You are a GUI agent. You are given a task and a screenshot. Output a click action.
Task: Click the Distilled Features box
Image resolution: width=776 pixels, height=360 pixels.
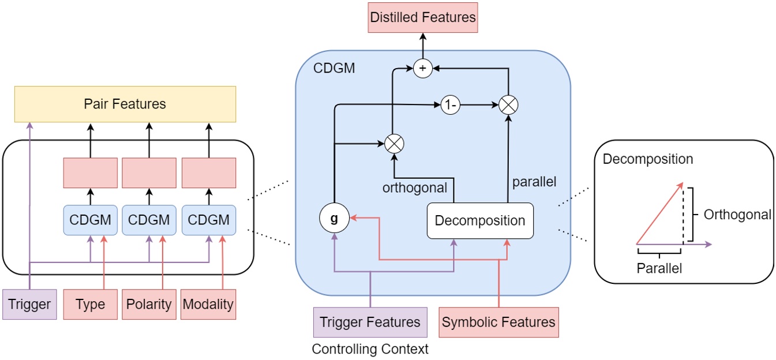click(423, 17)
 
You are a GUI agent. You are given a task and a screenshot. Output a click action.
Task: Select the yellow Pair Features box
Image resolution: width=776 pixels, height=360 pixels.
click(125, 104)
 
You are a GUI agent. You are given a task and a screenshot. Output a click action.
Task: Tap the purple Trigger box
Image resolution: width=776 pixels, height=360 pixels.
click(29, 304)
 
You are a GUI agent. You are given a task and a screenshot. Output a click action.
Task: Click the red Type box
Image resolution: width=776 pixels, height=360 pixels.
click(90, 304)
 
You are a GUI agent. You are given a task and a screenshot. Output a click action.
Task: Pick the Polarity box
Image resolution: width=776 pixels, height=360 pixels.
click(149, 304)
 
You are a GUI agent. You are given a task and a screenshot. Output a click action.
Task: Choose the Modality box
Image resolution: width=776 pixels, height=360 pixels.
click(209, 304)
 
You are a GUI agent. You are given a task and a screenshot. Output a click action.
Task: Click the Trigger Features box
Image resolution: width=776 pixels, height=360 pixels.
click(370, 322)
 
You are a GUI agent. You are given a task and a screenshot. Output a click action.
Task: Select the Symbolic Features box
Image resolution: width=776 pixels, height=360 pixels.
click(498, 322)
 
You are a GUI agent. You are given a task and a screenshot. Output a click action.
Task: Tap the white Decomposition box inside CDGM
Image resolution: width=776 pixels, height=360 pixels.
click(480, 220)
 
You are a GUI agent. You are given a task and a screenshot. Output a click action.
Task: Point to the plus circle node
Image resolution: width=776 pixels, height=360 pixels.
click(422, 69)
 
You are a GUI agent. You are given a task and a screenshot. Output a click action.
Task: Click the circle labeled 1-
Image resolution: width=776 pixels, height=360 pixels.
click(451, 105)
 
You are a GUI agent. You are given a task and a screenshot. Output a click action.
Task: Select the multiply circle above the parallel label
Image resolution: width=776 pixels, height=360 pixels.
click(509, 105)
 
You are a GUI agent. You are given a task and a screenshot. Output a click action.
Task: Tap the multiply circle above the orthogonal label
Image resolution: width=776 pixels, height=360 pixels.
click(394, 142)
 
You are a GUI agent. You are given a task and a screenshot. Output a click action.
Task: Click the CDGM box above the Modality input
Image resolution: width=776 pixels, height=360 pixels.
click(209, 220)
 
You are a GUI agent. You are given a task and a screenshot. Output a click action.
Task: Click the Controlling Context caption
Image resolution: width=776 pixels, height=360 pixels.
click(370, 350)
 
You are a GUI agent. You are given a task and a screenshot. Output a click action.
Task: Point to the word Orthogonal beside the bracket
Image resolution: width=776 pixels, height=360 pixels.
click(737, 215)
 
